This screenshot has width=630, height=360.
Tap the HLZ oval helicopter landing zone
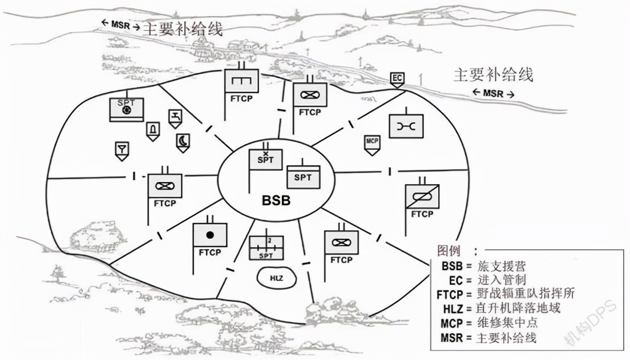pos(276,278)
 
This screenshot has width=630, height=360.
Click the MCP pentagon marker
pos(372,143)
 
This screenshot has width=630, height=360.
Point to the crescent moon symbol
pos(183,142)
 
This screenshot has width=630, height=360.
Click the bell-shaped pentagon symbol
pos(153,130)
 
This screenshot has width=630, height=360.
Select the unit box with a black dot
pos(210,235)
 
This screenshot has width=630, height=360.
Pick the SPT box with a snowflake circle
pos(127,109)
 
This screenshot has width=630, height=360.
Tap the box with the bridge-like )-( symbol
pos(406,126)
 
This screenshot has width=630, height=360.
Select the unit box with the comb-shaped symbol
pos(241,82)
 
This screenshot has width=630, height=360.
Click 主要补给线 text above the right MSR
pos(493,74)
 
